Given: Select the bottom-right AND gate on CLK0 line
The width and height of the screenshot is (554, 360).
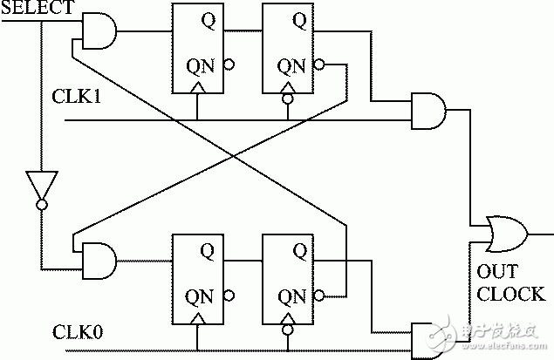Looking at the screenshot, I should click(x=427, y=338).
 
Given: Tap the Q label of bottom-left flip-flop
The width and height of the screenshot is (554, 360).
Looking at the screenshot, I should click(x=206, y=250).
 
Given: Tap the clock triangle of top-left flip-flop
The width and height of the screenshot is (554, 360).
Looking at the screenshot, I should click(x=198, y=88).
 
